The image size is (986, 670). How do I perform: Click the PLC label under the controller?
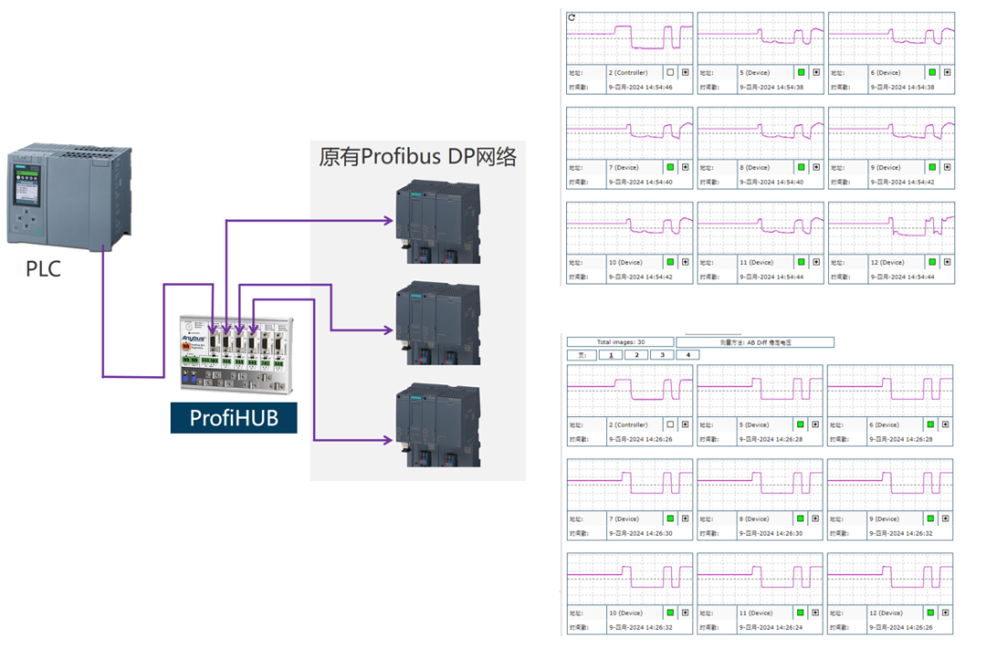pos(43,269)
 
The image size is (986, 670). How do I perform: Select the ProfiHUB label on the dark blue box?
pos(233,418)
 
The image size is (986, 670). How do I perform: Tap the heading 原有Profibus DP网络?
pos(417,157)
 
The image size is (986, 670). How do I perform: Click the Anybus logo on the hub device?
pos(194,338)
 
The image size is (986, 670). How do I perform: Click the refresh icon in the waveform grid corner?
pos(572,17)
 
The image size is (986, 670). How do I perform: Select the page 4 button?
pos(687,355)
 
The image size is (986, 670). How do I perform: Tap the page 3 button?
pos(661,355)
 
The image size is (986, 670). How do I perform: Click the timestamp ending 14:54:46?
pos(640,88)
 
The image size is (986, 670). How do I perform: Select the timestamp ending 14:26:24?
pos(771,628)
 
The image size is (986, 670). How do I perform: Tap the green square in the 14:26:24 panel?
pos(801,612)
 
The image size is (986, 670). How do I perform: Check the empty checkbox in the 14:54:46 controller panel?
pos(670,72)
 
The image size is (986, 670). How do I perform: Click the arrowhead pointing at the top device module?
pos(390,220)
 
